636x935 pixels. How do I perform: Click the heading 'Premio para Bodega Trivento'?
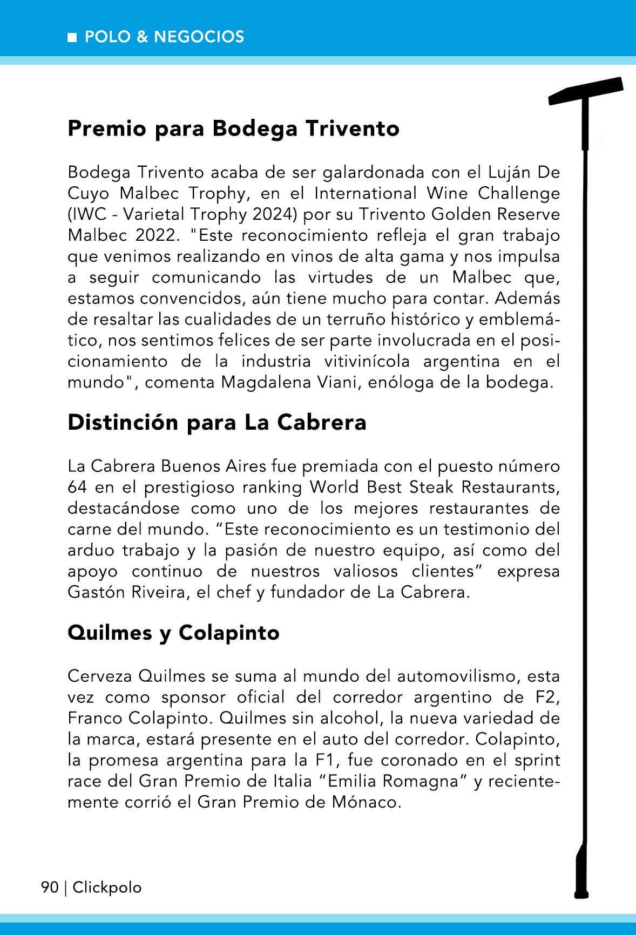(233, 129)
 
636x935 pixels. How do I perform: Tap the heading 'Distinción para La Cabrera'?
(217, 422)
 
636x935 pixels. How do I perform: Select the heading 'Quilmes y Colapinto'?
(173, 632)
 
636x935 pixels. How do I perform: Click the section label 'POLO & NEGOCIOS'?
(164, 37)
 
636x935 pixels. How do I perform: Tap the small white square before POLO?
(72, 37)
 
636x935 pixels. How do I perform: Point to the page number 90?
(50, 887)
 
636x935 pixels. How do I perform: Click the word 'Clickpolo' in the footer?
(107, 887)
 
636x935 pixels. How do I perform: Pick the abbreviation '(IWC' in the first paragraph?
(86, 214)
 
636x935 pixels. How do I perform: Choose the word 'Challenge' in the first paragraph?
(515, 193)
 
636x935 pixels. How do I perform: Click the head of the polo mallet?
(586, 91)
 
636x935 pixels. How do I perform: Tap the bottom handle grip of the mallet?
(581, 869)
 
